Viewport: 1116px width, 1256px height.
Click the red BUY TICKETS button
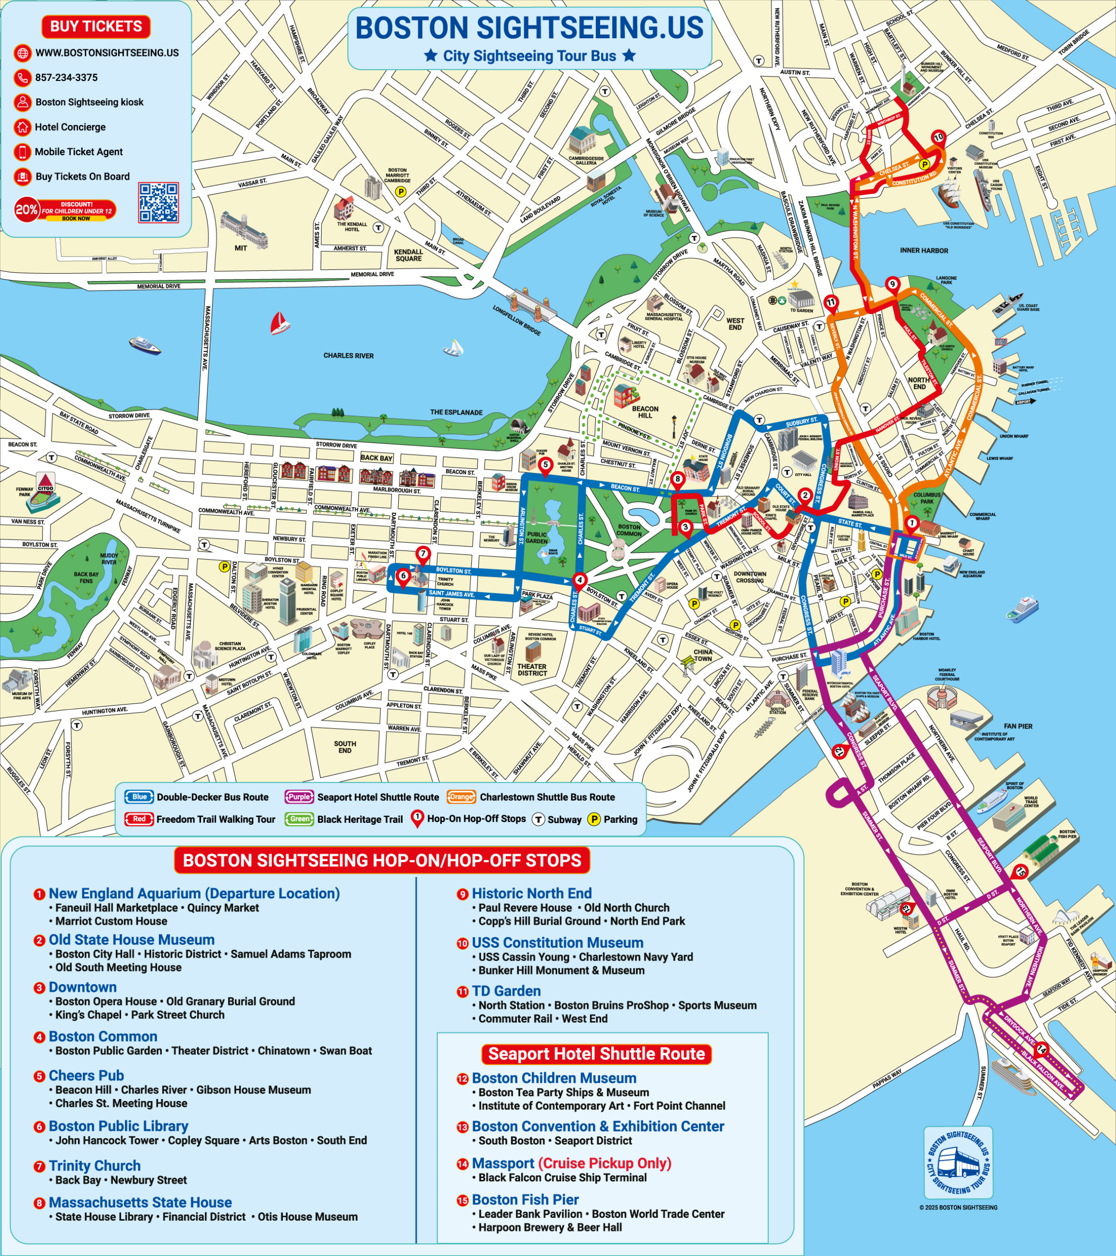[96, 26]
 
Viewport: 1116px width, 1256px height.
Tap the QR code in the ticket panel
[158, 202]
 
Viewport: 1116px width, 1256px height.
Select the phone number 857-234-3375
[66, 78]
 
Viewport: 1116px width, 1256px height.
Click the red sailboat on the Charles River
[279, 323]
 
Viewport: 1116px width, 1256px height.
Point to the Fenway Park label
[25, 492]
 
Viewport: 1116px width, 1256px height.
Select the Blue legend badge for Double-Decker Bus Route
[139, 797]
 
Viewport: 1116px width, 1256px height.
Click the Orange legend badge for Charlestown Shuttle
[461, 797]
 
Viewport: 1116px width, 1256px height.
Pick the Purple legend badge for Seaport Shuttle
[299, 797]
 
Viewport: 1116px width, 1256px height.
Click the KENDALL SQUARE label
[408, 255]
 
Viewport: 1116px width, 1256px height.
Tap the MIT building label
[241, 248]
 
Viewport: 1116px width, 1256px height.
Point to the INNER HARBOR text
[924, 251]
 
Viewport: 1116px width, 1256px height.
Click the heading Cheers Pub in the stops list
[86, 1075]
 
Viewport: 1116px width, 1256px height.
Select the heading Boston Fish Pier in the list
[525, 1200]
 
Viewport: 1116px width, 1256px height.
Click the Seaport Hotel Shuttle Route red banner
[596, 1054]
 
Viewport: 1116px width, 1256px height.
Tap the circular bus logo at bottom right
[958, 1163]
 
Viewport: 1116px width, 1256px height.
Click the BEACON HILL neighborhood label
[645, 412]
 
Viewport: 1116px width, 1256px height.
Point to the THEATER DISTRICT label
[532, 670]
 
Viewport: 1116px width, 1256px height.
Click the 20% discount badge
[27, 209]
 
